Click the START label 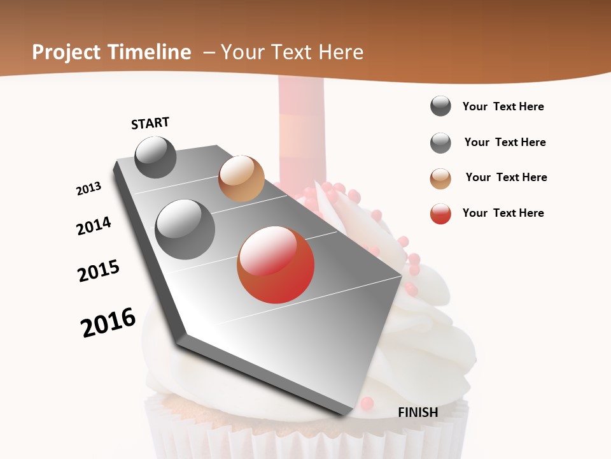[x=150, y=123]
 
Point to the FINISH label [x=418, y=412]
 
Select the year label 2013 [x=88, y=189]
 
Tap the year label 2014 [x=94, y=226]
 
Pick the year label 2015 [x=99, y=271]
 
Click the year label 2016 [x=108, y=323]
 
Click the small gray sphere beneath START [x=156, y=157]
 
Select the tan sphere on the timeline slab [x=241, y=178]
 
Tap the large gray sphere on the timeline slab [x=185, y=229]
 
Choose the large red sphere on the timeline [x=276, y=265]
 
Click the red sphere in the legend [x=440, y=214]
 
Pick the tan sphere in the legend [x=440, y=178]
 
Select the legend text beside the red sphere [x=503, y=213]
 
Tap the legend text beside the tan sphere [x=506, y=177]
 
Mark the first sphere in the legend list [x=440, y=106]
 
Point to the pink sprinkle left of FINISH [x=367, y=403]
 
